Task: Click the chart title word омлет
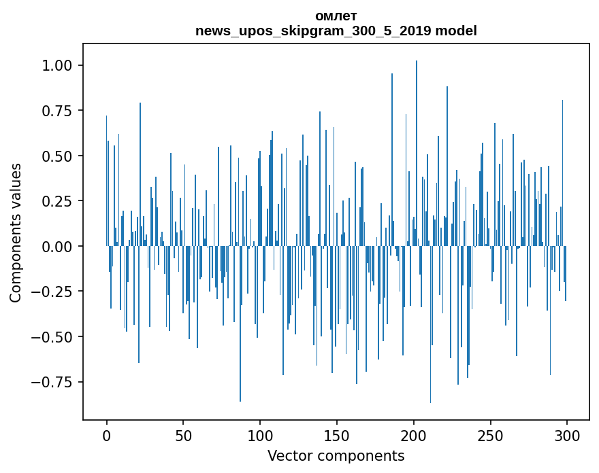[336, 16]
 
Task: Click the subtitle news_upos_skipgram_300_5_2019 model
[336, 31]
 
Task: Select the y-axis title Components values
[16, 232]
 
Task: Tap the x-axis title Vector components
[336, 456]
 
